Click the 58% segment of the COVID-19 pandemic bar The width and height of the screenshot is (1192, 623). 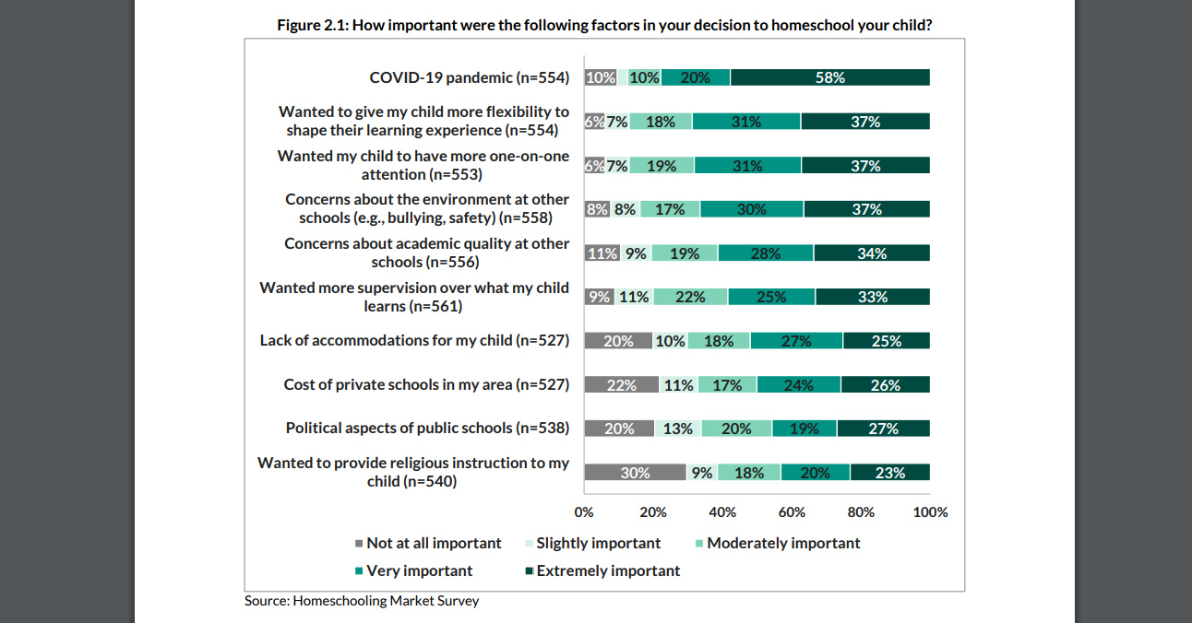(829, 77)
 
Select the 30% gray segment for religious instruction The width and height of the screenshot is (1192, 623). (635, 472)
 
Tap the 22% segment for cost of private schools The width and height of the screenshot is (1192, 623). (621, 384)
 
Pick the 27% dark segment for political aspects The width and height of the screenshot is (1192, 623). (883, 428)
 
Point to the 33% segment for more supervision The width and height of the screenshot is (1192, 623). (872, 297)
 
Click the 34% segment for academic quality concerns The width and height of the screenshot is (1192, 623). (871, 253)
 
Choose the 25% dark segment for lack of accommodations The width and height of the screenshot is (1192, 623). (886, 340)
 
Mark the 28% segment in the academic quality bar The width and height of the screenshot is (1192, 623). (766, 253)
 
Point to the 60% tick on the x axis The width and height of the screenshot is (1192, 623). (792, 511)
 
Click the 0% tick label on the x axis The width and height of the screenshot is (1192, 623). (584, 511)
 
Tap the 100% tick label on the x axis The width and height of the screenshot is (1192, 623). (930, 511)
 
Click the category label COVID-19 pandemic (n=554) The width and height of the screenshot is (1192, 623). (470, 77)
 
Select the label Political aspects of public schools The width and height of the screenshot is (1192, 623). (427, 428)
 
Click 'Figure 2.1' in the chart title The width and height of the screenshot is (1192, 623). (311, 25)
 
